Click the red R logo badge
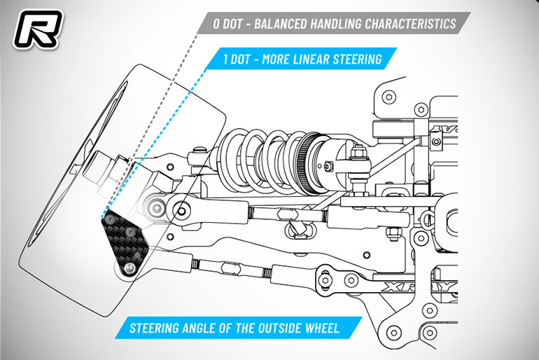[38, 29]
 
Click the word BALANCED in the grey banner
[280, 24]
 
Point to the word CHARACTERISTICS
[410, 24]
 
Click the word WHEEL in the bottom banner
[322, 328]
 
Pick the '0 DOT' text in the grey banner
[227, 24]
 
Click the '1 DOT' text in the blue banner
[236, 59]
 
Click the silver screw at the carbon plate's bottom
[130, 267]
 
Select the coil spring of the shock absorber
[261, 161]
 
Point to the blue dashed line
[154, 143]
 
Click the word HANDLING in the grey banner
[336, 24]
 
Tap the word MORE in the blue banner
[275, 59]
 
